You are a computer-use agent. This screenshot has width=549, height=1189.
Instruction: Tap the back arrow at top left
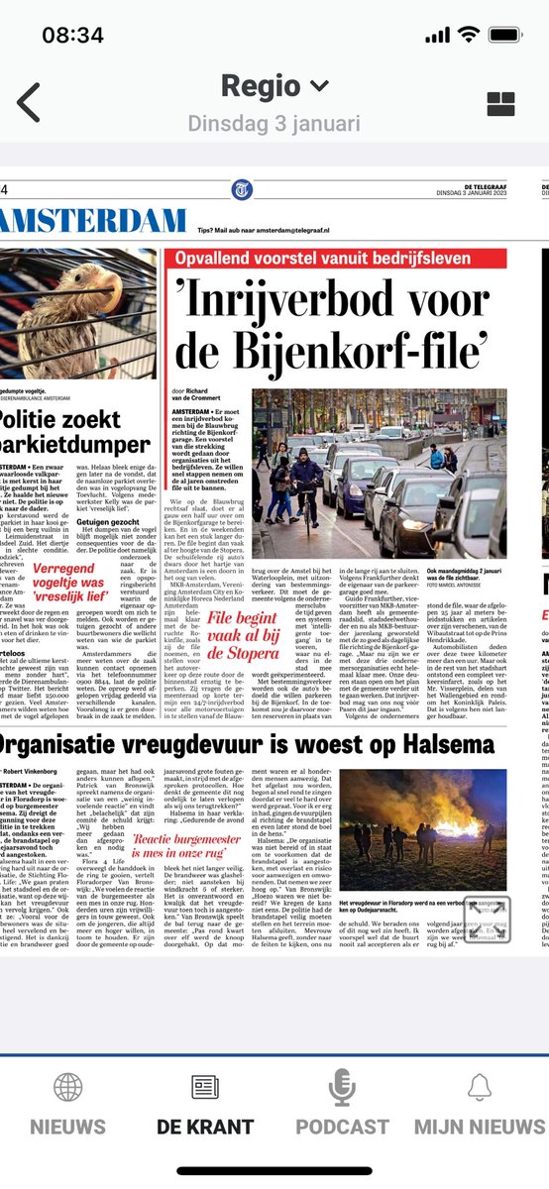click(29, 102)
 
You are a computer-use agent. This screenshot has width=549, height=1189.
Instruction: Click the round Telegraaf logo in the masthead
click(243, 189)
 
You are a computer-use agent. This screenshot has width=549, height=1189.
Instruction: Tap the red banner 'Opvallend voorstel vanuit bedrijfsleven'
click(337, 260)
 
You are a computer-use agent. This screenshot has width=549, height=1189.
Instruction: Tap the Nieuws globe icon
click(67, 1087)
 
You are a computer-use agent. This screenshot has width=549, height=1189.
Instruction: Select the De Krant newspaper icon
click(205, 1087)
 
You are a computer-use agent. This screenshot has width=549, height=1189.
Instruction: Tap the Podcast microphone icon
click(342, 1087)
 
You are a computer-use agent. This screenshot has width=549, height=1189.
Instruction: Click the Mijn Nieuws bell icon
click(479, 1087)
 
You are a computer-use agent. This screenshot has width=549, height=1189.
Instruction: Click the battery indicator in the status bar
click(506, 35)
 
